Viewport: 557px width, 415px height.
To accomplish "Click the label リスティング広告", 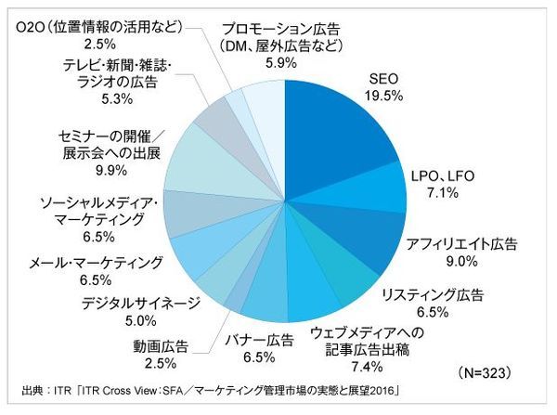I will (433, 295).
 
